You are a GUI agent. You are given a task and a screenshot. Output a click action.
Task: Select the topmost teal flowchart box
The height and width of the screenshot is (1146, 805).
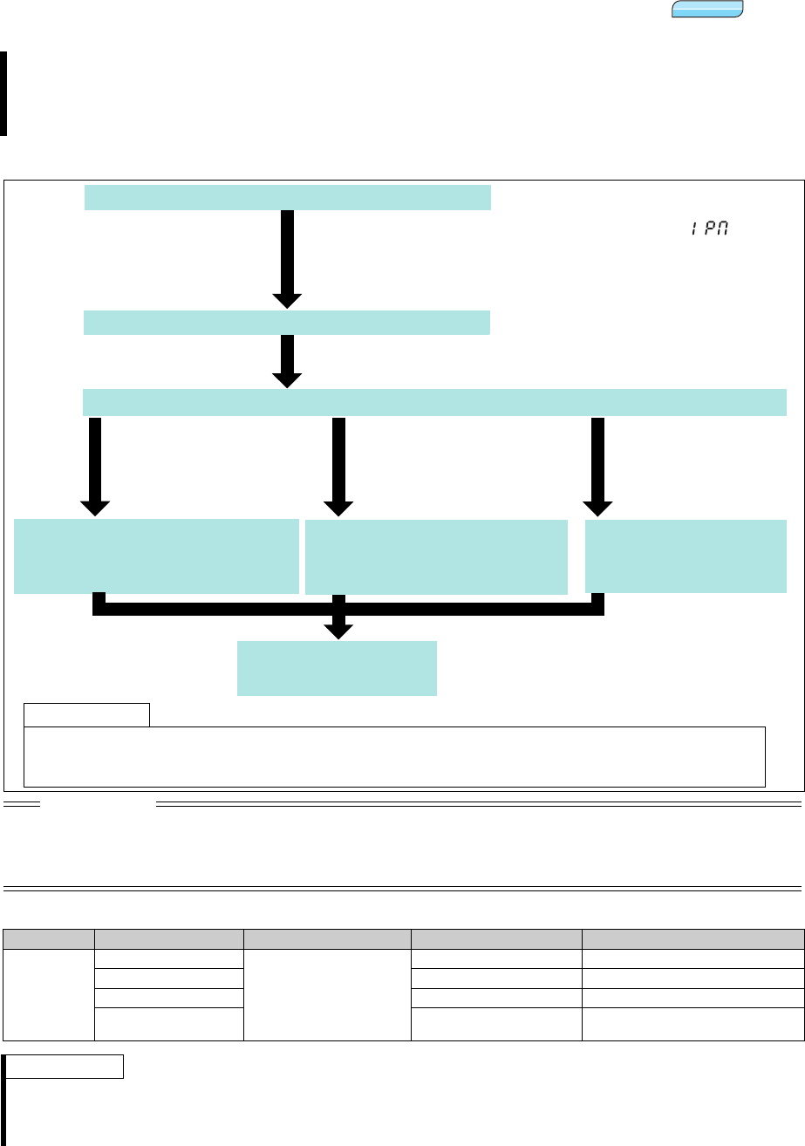pyautogui.click(x=287, y=197)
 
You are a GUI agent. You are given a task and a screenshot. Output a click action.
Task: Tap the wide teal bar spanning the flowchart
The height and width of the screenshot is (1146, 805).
pyautogui.click(x=434, y=403)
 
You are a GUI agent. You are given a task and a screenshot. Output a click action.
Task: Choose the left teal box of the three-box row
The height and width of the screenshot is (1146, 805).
pyautogui.click(x=156, y=556)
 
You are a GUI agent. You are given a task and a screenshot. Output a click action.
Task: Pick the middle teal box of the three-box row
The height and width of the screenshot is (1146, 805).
pyautogui.click(x=436, y=557)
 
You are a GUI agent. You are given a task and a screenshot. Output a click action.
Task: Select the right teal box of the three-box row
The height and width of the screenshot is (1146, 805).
pyautogui.click(x=686, y=556)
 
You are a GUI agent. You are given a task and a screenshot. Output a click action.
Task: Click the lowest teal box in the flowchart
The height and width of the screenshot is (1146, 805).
pyautogui.click(x=337, y=668)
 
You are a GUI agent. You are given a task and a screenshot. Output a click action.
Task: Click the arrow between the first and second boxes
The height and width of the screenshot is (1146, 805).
pyautogui.click(x=288, y=257)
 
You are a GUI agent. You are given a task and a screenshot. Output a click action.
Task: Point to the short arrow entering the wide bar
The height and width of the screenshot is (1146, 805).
pyautogui.click(x=288, y=360)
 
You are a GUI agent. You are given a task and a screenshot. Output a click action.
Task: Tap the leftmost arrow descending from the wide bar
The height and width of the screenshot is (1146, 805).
pyautogui.click(x=95, y=465)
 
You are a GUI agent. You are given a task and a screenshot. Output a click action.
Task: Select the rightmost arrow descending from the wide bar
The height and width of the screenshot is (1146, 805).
pyautogui.click(x=597, y=465)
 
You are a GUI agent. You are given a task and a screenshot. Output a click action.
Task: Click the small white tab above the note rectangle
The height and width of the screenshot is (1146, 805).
pyautogui.click(x=86, y=714)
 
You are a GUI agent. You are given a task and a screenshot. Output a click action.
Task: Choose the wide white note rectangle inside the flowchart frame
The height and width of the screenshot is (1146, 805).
pyautogui.click(x=394, y=755)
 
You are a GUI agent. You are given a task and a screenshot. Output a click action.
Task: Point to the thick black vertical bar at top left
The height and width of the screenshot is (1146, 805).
pyautogui.click(x=3, y=93)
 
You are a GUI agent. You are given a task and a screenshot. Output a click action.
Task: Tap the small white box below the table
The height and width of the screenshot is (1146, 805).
pyautogui.click(x=66, y=1066)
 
